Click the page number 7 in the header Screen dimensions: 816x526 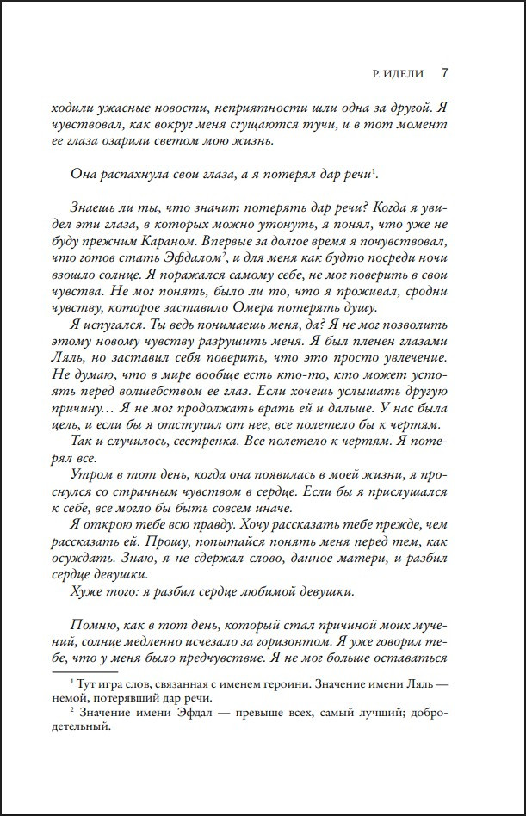443,73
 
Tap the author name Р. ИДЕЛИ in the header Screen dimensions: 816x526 394,74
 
